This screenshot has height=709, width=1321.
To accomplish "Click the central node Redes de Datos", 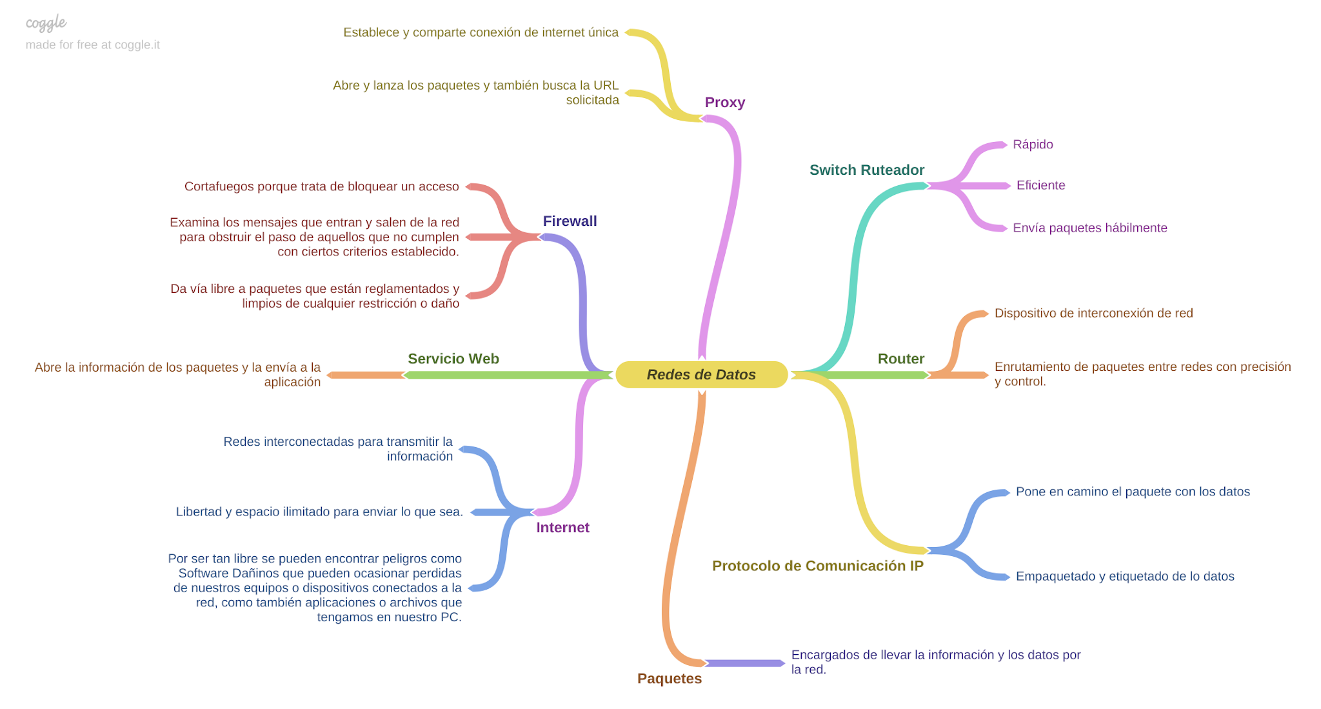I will coord(701,375).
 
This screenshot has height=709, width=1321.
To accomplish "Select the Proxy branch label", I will coord(724,103).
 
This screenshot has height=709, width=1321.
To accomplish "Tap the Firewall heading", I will coord(570,221).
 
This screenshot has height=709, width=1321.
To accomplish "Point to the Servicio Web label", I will coord(453,359).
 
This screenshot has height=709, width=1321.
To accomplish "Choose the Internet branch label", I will coord(562,528).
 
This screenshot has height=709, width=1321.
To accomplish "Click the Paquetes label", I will coord(669,679).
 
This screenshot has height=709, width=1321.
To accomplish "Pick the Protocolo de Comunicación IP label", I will coord(817,566).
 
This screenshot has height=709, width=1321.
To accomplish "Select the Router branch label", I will coord(900,359).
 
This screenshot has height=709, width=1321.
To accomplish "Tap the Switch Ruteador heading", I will coord(866,170).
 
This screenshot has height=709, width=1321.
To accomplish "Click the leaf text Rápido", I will coord(1032,145).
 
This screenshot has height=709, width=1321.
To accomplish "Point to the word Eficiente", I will coord(1040,186).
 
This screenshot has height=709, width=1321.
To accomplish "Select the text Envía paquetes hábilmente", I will coord(1089,228).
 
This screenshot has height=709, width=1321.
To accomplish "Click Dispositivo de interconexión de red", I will coord(1093,314).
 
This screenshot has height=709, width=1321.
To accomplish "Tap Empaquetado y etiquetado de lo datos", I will coord(1124,577).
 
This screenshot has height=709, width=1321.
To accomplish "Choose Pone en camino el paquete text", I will coord(1132,492).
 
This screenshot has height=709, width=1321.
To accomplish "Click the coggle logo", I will coord(46,23).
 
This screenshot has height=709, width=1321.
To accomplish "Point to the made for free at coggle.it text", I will coord(92,45).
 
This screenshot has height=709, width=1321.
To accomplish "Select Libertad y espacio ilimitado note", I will coord(319,512).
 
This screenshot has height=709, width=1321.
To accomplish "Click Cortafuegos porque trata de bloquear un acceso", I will coord(321,187).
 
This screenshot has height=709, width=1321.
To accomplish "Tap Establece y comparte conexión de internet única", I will coord(481,33).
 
